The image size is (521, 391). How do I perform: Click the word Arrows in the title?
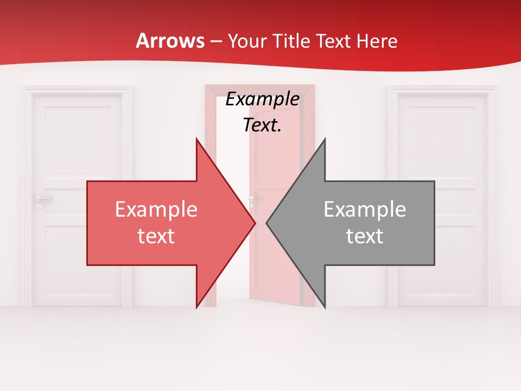tap(170, 41)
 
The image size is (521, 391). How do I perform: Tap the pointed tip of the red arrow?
tap(254, 223)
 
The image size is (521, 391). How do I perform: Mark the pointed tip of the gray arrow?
tap(268, 223)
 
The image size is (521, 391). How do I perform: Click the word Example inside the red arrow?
tap(156, 210)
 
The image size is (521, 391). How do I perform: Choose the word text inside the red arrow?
tap(156, 236)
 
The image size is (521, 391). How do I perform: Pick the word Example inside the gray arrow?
tap(365, 210)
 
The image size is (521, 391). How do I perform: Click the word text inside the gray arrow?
tap(365, 236)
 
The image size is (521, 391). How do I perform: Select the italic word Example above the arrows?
tap(263, 99)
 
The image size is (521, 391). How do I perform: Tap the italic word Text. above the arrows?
tap(263, 125)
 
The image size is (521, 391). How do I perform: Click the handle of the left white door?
tap(43, 198)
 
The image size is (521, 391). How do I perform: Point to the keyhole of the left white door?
tap(39, 206)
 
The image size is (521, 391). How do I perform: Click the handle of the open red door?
tap(251, 198)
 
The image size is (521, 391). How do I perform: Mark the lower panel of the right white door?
tap(442, 261)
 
